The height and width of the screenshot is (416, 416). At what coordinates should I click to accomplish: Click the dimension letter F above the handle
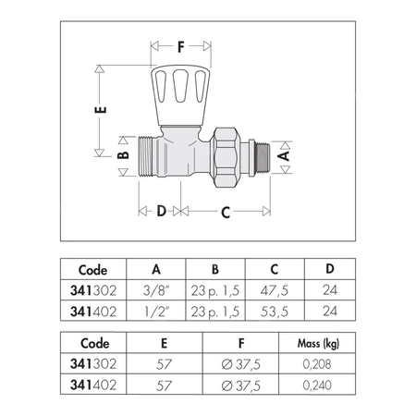point(181,47)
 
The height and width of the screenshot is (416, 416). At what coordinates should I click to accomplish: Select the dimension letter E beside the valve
point(101,110)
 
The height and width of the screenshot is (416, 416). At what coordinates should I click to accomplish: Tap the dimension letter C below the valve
point(226,213)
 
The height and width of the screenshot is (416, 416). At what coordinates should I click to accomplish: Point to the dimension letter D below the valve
point(162,211)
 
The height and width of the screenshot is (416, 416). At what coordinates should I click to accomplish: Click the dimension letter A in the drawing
point(284,155)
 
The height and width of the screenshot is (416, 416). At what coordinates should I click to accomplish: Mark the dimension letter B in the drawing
point(123,155)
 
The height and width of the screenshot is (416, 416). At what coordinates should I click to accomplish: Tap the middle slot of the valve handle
point(180,86)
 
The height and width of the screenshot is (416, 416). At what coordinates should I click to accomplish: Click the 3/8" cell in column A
point(156,290)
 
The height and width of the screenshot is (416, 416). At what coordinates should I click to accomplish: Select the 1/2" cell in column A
point(157,312)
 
